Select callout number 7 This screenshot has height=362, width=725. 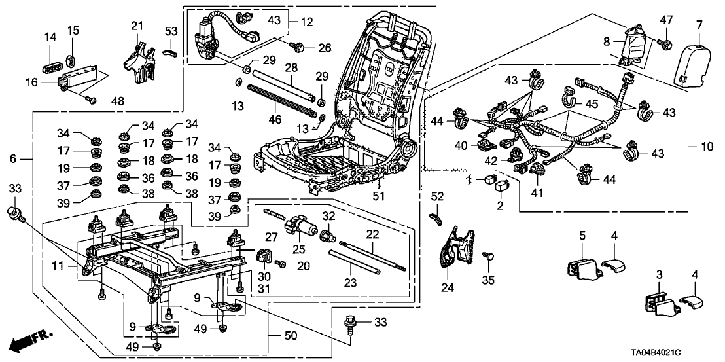pos(699,24)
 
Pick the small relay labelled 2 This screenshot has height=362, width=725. pos(503,187)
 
